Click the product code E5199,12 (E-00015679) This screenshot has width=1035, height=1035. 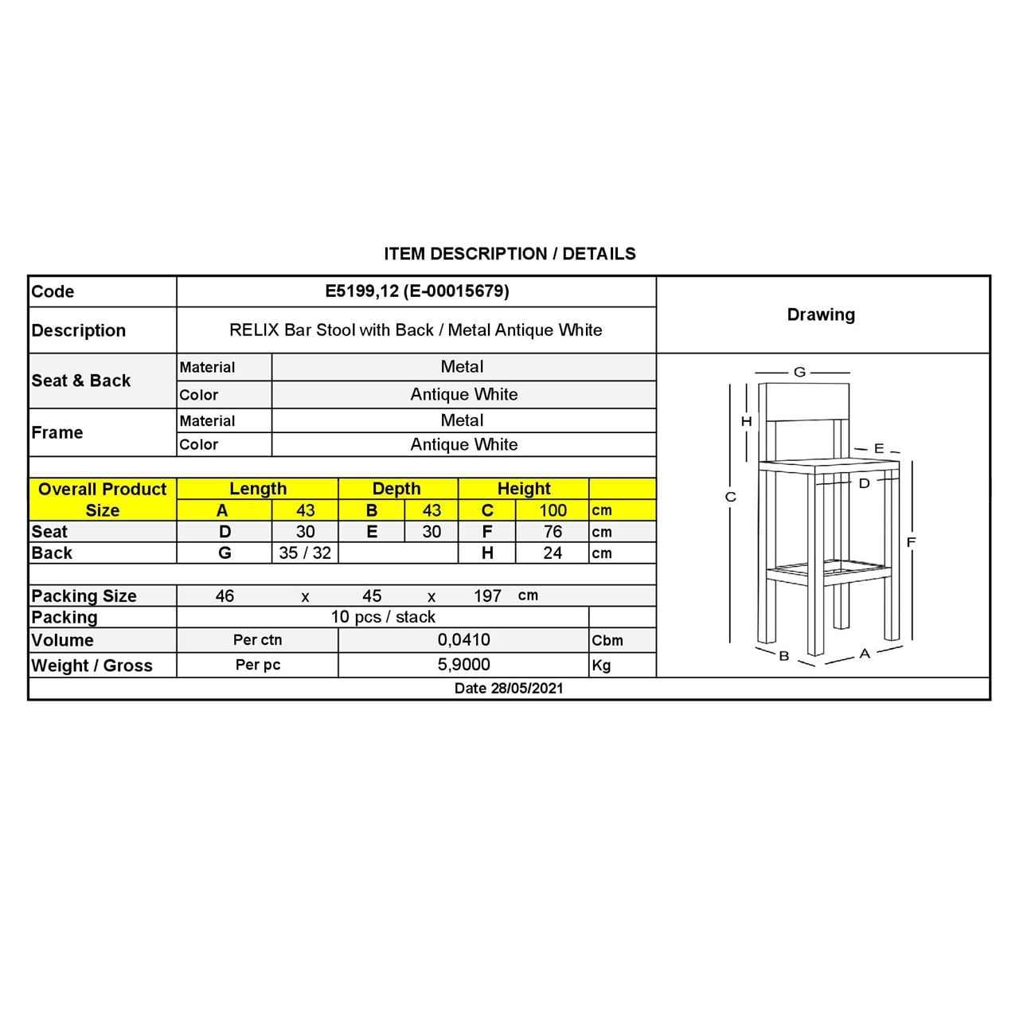click(416, 291)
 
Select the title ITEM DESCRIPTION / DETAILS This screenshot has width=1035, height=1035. click(510, 254)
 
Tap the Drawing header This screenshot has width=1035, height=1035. click(821, 314)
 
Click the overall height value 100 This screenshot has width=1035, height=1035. click(553, 510)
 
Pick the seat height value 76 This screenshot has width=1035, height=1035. click(553, 532)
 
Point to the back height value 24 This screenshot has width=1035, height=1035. click(553, 553)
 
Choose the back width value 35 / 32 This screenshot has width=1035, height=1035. click(305, 553)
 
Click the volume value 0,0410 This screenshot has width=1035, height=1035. click(463, 640)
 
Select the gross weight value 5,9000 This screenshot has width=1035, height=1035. click(463, 665)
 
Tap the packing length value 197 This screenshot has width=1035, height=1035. click(487, 596)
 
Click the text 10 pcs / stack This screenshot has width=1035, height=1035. click(383, 617)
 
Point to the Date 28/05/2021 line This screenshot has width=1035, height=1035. click(508, 689)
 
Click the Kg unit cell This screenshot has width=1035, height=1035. click(601, 666)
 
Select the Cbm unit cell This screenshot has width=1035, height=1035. click(607, 641)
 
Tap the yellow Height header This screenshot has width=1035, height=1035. click(523, 489)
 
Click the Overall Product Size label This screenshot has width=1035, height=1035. click(102, 499)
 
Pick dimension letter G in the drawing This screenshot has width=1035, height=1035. click(800, 372)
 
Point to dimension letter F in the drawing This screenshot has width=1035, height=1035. click(912, 542)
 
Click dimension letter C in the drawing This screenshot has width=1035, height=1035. click(731, 497)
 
